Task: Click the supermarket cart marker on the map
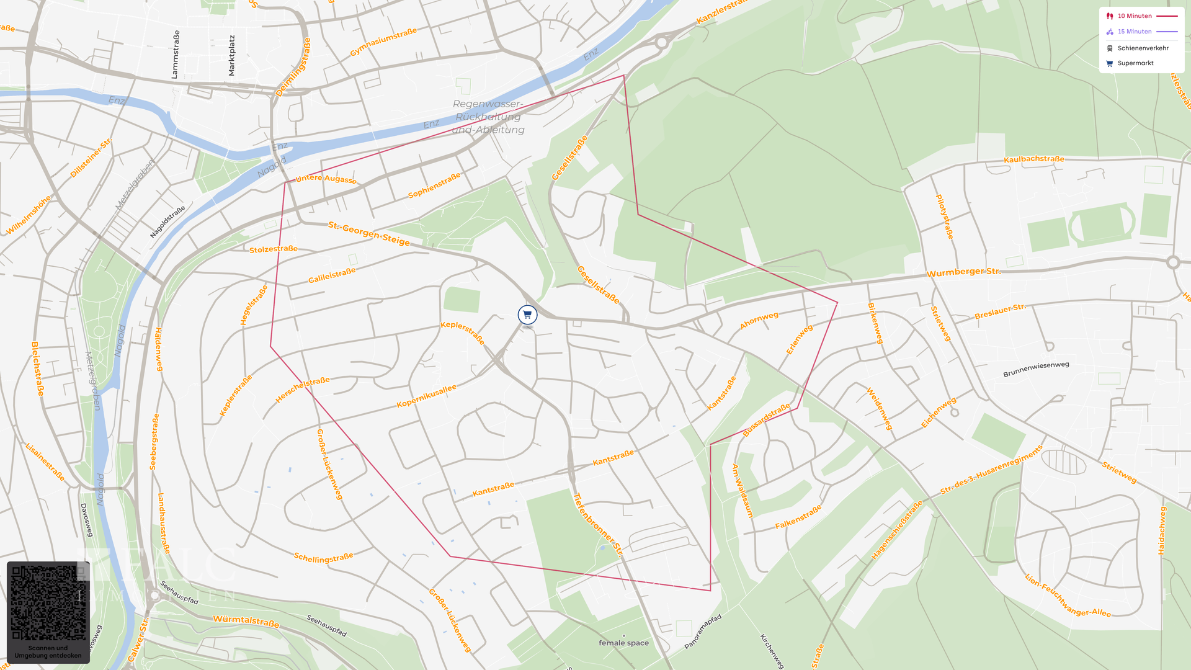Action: (x=527, y=315)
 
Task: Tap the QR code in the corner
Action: (x=48, y=603)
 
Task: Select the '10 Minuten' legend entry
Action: (x=1135, y=16)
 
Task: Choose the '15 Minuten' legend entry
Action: (x=1135, y=32)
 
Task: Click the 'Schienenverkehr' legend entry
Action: (x=1143, y=48)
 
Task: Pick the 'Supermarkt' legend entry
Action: (x=1135, y=63)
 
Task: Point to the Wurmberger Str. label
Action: (x=963, y=272)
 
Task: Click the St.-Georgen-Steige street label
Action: (x=369, y=233)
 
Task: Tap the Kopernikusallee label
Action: (x=426, y=396)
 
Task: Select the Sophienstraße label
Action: (x=434, y=185)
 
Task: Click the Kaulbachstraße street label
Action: (x=1033, y=159)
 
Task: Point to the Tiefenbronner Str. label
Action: (x=597, y=525)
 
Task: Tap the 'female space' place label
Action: (x=623, y=643)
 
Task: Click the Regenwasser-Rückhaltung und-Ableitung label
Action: (x=488, y=117)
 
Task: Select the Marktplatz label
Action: (x=231, y=56)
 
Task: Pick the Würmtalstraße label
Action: (x=246, y=620)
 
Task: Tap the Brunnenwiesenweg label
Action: (x=1036, y=369)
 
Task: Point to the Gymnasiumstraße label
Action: (x=383, y=42)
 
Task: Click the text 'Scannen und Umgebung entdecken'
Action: (x=48, y=652)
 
